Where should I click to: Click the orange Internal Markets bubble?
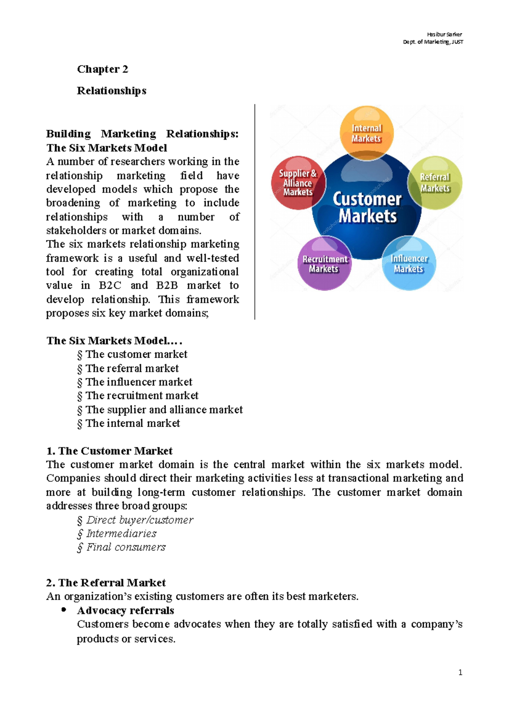366,133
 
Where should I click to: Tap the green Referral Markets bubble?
435,183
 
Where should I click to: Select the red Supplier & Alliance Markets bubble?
298,183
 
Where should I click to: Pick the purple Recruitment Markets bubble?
324,263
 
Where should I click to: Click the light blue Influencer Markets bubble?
409,263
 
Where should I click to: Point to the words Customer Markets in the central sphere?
367,207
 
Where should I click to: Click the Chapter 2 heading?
102,69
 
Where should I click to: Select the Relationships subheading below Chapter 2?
112,91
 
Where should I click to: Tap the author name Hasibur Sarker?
444,34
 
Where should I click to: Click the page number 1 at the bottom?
460,673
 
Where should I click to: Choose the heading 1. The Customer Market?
109,451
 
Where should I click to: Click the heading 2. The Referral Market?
106,583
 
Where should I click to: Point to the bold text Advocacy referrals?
126,611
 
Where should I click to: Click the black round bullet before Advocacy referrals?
64,610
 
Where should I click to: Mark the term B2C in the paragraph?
110,285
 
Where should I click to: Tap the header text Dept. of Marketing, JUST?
433,42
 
